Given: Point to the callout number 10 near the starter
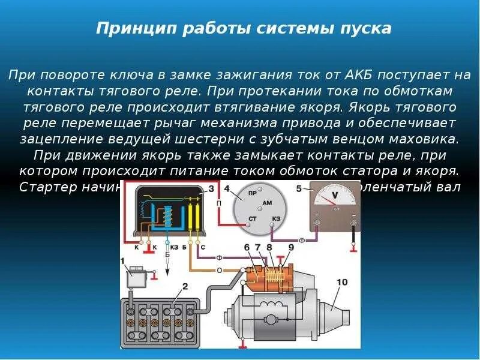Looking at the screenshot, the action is pos(341,282).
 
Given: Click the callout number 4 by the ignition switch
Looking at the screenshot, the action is pos(227,190).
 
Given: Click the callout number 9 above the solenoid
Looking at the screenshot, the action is pos(291,247).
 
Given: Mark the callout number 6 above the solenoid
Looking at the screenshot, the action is pos(247,247).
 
